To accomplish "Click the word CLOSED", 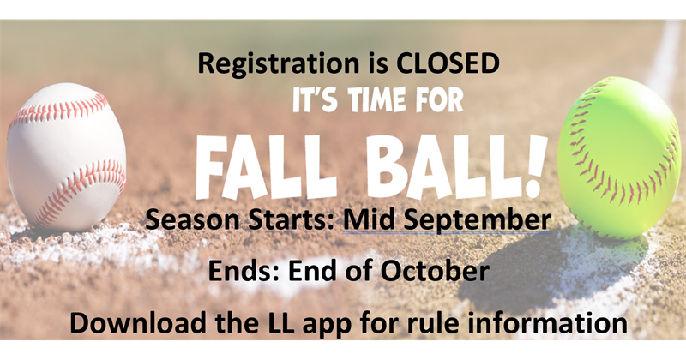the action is pyautogui.click(x=448, y=63).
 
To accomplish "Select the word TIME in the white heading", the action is pyautogui.click(x=380, y=100).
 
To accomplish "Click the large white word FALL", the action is pyautogui.click(x=266, y=166).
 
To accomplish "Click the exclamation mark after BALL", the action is pyautogui.click(x=535, y=165).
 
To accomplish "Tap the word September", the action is pyautogui.click(x=477, y=221).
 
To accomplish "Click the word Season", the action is pyautogui.click(x=192, y=219).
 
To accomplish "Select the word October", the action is pyautogui.click(x=435, y=271).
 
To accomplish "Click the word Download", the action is pyautogui.click(x=137, y=323).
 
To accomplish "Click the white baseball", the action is pyautogui.click(x=67, y=157).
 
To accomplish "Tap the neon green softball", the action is pyautogui.click(x=619, y=158).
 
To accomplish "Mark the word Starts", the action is pyautogui.click(x=291, y=219).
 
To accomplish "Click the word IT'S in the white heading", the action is pyautogui.click(x=315, y=100).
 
